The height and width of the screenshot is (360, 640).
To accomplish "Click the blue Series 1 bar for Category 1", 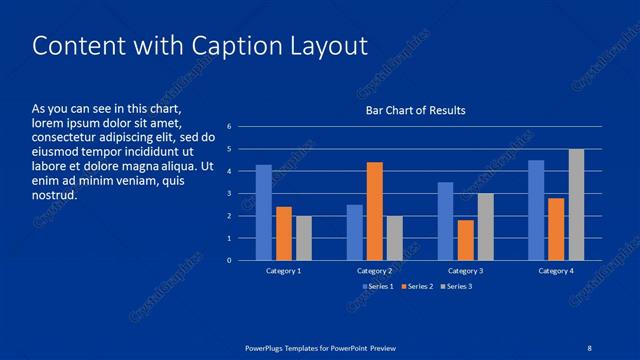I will click(x=264, y=213).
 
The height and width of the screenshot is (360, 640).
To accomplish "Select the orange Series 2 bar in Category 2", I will click(x=374, y=211).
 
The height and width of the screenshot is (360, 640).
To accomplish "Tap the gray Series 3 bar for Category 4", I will click(x=576, y=205).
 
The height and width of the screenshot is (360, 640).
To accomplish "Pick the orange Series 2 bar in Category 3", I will click(x=465, y=240).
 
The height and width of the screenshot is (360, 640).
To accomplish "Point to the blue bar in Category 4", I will click(x=536, y=210).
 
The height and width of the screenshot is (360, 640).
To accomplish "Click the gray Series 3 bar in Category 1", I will click(x=304, y=238).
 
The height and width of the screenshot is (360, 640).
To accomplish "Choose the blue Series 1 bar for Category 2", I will click(x=355, y=232).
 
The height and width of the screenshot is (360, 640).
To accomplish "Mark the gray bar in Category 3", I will click(x=485, y=227).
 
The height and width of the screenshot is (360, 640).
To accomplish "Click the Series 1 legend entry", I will click(x=377, y=287).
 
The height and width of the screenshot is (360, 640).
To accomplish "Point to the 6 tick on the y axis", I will click(x=230, y=126).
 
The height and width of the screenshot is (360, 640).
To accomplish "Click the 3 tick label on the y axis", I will click(x=230, y=193).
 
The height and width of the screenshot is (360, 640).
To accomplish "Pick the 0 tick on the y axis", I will click(x=230, y=260).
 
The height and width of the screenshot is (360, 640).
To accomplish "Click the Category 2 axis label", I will click(x=374, y=271).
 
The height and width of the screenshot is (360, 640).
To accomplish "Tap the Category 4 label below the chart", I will click(x=556, y=271).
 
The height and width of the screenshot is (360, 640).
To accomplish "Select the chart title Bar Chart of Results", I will click(x=414, y=110).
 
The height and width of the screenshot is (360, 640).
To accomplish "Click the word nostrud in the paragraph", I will click(x=54, y=196).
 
